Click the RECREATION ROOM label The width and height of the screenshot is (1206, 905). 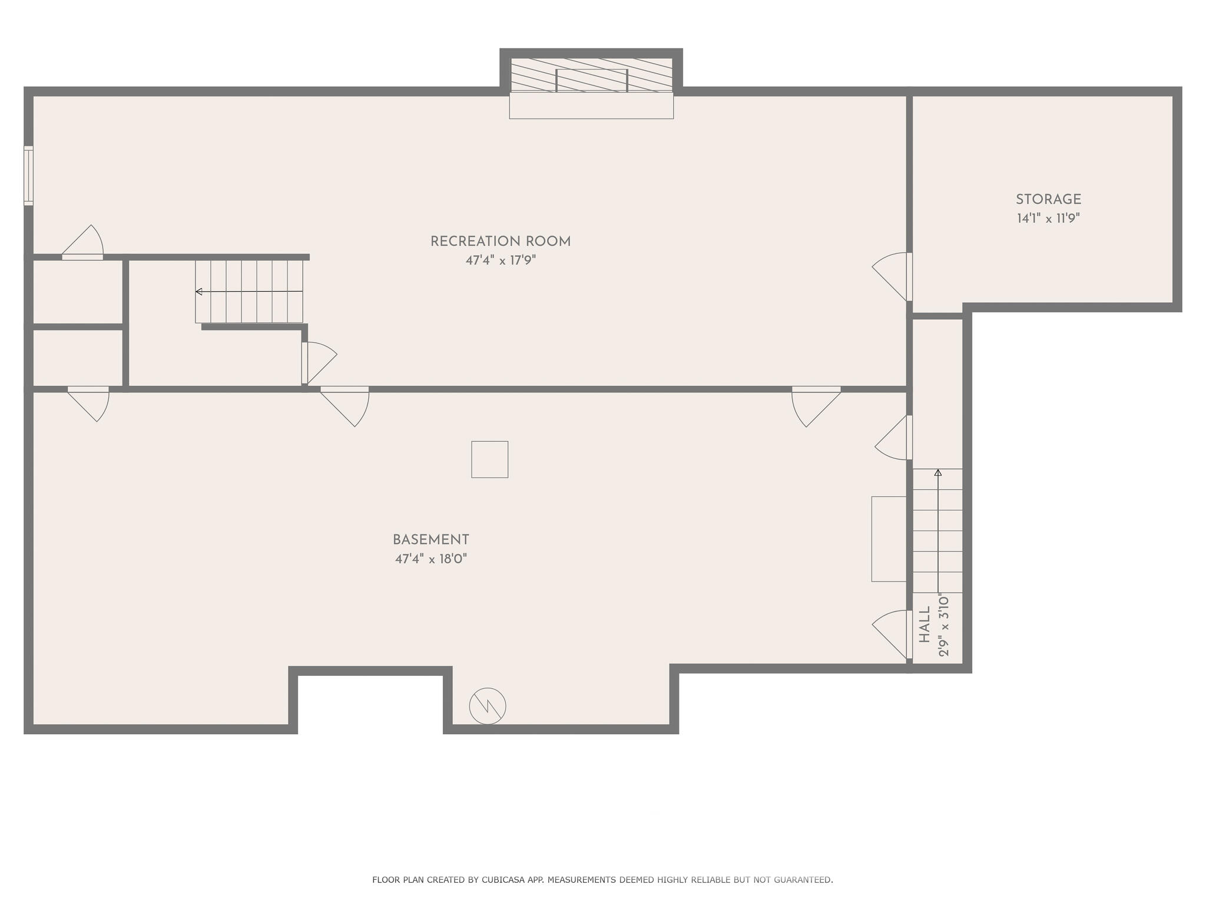pyautogui.click(x=500, y=242)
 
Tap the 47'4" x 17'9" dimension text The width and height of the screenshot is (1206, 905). pyautogui.click(x=501, y=260)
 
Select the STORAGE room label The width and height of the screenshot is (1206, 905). pyautogui.click(x=1048, y=200)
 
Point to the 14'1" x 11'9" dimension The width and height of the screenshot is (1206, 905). pyautogui.click(x=1048, y=219)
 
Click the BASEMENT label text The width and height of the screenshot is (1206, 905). pyautogui.click(x=430, y=540)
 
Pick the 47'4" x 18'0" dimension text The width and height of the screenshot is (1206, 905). pyautogui.click(x=430, y=559)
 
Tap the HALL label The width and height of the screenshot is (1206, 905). pyautogui.click(x=925, y=626)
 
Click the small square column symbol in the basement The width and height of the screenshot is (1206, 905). pyautogui.click(x=489, y=460)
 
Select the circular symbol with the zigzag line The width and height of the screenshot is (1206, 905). pyautogui.click(x=488, y=706)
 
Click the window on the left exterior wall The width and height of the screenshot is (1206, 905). pyautogui.click(x=28, y=176)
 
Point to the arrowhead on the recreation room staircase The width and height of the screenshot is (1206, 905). pyautogui.click(x=199, y=292)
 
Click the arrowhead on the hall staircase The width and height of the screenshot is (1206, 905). pyautogui.click(x=938, y=473)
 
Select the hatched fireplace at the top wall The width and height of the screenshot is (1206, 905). pyautogui.click(x=591, y=75)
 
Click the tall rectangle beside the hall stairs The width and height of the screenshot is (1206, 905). pyautogui.click(x=889, y=539)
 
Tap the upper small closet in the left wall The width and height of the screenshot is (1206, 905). pyautogui.click(x=77, y=291)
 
